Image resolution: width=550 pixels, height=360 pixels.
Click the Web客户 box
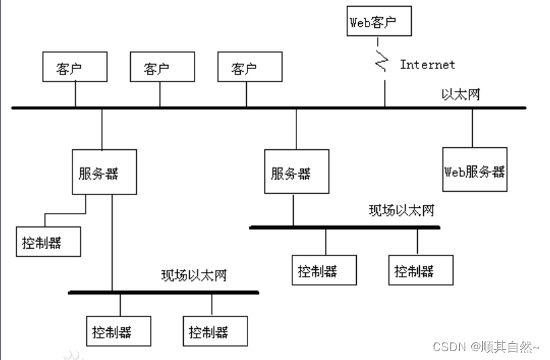tap(379, 22)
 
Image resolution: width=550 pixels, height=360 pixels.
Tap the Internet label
tap(427, 65)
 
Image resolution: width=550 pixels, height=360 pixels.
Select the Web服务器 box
tap(474, 171)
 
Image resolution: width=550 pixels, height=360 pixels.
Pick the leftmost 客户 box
tap(75, 69)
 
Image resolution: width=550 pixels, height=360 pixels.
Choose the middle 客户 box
tap(161, 69)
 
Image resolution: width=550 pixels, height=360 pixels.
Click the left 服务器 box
tap(104, 174)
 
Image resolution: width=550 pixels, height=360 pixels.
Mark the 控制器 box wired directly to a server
tap(49, 242)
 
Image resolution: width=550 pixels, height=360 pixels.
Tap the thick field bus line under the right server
tap(345, 227)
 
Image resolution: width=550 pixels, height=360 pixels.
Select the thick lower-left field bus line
tap(163, 293)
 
